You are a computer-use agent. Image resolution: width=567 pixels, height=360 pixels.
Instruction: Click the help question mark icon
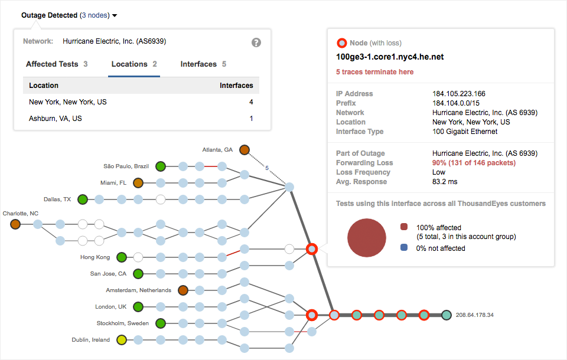[256, 42]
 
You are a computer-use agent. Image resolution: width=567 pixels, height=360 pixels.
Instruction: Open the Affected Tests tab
[57, 64]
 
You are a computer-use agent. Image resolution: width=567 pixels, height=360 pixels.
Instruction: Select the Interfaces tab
[203, 64]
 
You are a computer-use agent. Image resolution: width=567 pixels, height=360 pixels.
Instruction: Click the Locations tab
[134, 64]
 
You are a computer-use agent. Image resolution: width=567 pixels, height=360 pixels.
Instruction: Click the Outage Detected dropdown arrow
[115, 15]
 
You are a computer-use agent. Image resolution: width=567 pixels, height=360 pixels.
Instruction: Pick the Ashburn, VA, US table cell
[56, 119]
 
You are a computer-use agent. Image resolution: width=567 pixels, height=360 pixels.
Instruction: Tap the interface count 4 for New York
[251, 102]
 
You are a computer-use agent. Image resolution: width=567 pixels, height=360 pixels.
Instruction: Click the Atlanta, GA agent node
[245, 150]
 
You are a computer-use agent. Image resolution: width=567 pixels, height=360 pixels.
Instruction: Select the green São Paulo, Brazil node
[161, 166]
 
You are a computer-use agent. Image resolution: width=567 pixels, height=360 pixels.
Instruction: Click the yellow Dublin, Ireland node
[122, 340]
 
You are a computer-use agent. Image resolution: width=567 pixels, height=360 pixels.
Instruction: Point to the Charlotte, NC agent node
[15, 224]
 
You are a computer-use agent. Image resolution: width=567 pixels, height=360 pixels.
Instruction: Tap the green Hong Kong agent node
[122, 257]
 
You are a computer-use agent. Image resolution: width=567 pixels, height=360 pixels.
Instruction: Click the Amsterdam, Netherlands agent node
[183, 290]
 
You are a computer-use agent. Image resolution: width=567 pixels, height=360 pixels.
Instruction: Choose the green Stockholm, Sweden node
[161, 323]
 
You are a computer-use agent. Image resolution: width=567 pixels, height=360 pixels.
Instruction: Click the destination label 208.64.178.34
[475, 315]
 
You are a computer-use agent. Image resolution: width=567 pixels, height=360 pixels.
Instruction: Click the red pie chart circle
[366, 238]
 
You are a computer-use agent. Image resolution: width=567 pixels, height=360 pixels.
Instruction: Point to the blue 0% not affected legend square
[404, 248]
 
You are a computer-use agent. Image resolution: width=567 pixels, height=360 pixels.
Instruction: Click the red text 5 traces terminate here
[375, 72]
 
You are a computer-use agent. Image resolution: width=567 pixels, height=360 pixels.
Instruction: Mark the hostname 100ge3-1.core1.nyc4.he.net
[390, 57]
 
